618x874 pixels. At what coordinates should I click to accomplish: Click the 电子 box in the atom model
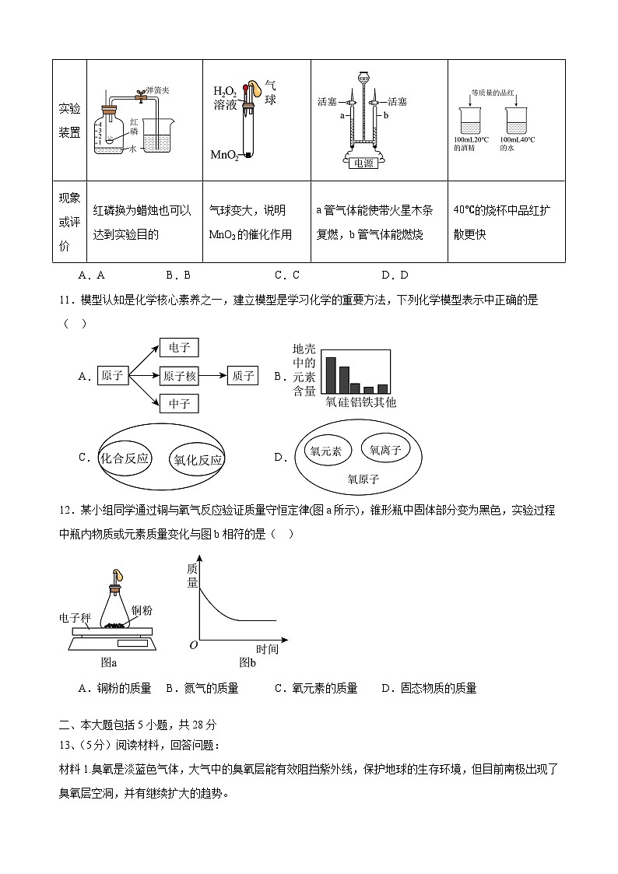coord(178,348)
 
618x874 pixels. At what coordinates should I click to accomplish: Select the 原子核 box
coord(180,376)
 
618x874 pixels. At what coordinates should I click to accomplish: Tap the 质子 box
coord(242,376)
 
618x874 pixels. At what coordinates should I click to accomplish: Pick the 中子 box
coord(178,403)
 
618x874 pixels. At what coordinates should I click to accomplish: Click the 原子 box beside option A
coord(112,376)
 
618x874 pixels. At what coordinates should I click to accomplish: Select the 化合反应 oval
coord(125,458)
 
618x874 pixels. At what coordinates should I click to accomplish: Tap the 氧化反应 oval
coord(198,459)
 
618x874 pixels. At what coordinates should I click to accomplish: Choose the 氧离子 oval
coord(385,450)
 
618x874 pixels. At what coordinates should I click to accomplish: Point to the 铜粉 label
coord(142,609)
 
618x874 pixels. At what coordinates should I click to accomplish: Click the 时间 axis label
coord(267,649)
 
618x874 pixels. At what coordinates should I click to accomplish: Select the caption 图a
coord(109,662)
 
